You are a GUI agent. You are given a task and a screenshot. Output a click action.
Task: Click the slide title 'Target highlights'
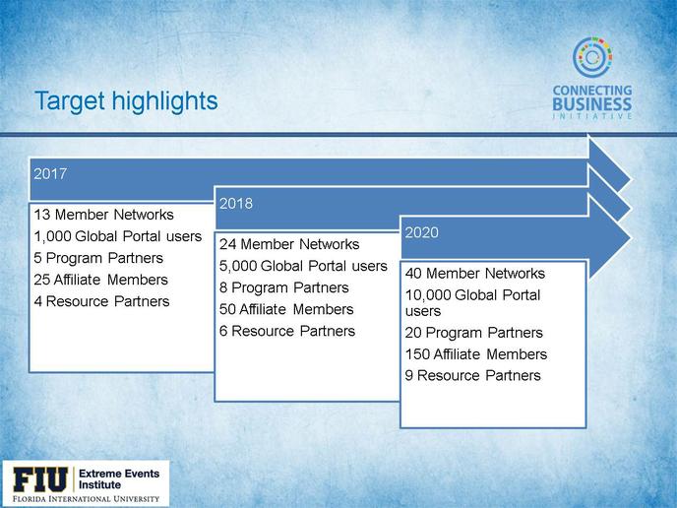click(126, 101)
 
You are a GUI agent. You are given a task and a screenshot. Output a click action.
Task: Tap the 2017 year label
click(50, 173)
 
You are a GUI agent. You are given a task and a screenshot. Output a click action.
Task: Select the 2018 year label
click(236, 204)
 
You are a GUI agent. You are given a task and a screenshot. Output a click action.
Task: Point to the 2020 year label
click(421, 232)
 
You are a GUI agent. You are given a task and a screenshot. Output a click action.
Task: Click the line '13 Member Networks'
click(103, 215)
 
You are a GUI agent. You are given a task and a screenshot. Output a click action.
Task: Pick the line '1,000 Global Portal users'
click(117, 236)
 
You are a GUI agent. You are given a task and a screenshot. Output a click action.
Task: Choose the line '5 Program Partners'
click(98, 258)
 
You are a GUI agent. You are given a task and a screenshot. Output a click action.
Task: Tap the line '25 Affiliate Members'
click(100, 280)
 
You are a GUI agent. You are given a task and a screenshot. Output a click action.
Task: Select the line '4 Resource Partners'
click(101, 301)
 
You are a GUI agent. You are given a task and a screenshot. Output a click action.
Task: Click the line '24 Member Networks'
click(289, 244)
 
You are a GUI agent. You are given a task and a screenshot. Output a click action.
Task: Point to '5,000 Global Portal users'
click(303, 266)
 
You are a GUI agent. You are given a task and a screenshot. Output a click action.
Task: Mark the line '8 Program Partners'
click(284, 287)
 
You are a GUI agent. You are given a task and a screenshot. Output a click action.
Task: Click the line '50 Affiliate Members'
click(286, 309)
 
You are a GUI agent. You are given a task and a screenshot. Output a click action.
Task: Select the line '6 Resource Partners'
click(287, 331)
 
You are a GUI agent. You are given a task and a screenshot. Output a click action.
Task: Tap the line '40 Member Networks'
click(475, 273)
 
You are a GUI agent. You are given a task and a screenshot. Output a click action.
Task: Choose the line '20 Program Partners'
click(473, 333)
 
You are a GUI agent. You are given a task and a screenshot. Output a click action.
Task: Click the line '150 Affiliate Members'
click(476, 354)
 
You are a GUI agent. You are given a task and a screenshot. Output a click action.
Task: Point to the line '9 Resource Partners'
click(472, 375)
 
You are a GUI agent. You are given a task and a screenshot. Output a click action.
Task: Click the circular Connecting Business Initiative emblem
click(592, 57)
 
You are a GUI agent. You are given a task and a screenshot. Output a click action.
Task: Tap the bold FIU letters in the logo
click(40, 479)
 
